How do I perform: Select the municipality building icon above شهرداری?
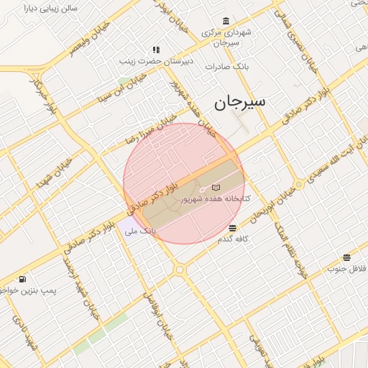pyautogui.click(x=226, y=20)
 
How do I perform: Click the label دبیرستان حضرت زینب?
pyautogui.click(x=156, y=62)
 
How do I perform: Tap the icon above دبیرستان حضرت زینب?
pyautogui.click(x=155, y=50)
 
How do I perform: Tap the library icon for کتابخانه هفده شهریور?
pyautogui.click(x=216, y=188)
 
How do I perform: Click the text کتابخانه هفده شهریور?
pyautogui.click(x=216, y=198)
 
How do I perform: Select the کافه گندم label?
pyautogui.click(x=234, y=238)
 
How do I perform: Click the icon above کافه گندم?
pyautogui.click(x=231, y=227)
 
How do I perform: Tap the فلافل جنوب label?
pyautogui.click(x=347, y=269)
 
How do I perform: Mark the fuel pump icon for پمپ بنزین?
pyautogui.click(x=24, y=279)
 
